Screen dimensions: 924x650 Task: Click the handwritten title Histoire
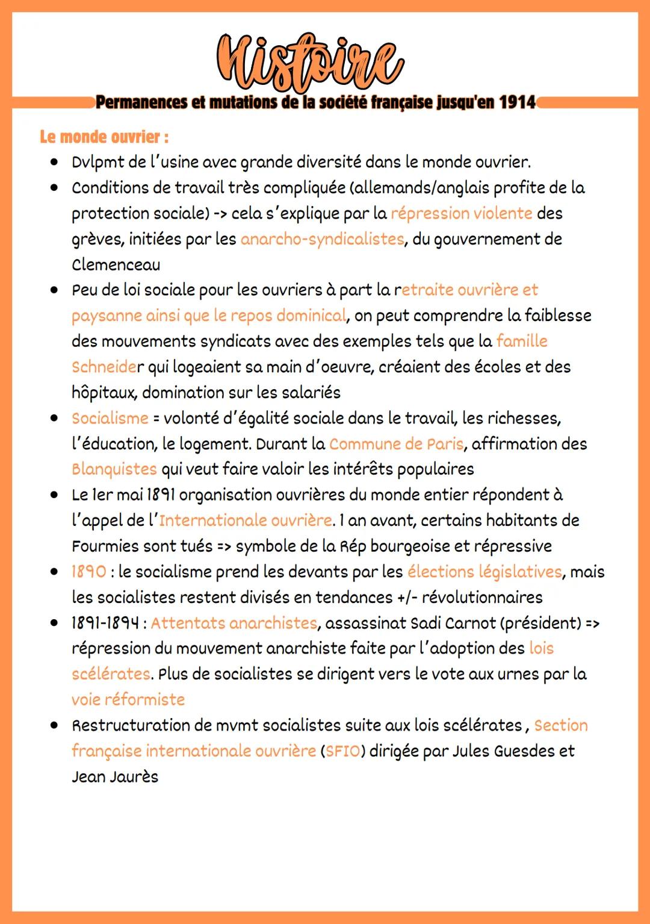(310, 63)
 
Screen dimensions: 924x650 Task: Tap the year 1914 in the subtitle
(518, 102)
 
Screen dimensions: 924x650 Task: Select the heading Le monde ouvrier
(104, 137)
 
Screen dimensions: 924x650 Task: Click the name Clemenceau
(116, 264)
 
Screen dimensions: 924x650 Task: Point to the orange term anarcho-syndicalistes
(322, 239)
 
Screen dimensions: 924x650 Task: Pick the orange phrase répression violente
(461, 213)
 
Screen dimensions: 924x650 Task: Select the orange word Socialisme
(110, 418)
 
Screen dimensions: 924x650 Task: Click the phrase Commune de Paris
(396, 444)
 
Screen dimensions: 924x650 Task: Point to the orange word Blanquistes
(114, 469)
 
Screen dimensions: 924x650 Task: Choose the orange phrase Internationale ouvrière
(246, 520)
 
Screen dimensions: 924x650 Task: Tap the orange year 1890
(88, 572)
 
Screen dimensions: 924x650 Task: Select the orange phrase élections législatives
(484, 572)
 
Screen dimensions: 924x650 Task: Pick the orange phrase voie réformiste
(128, 700)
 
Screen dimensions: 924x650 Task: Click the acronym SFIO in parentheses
(342, 752)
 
